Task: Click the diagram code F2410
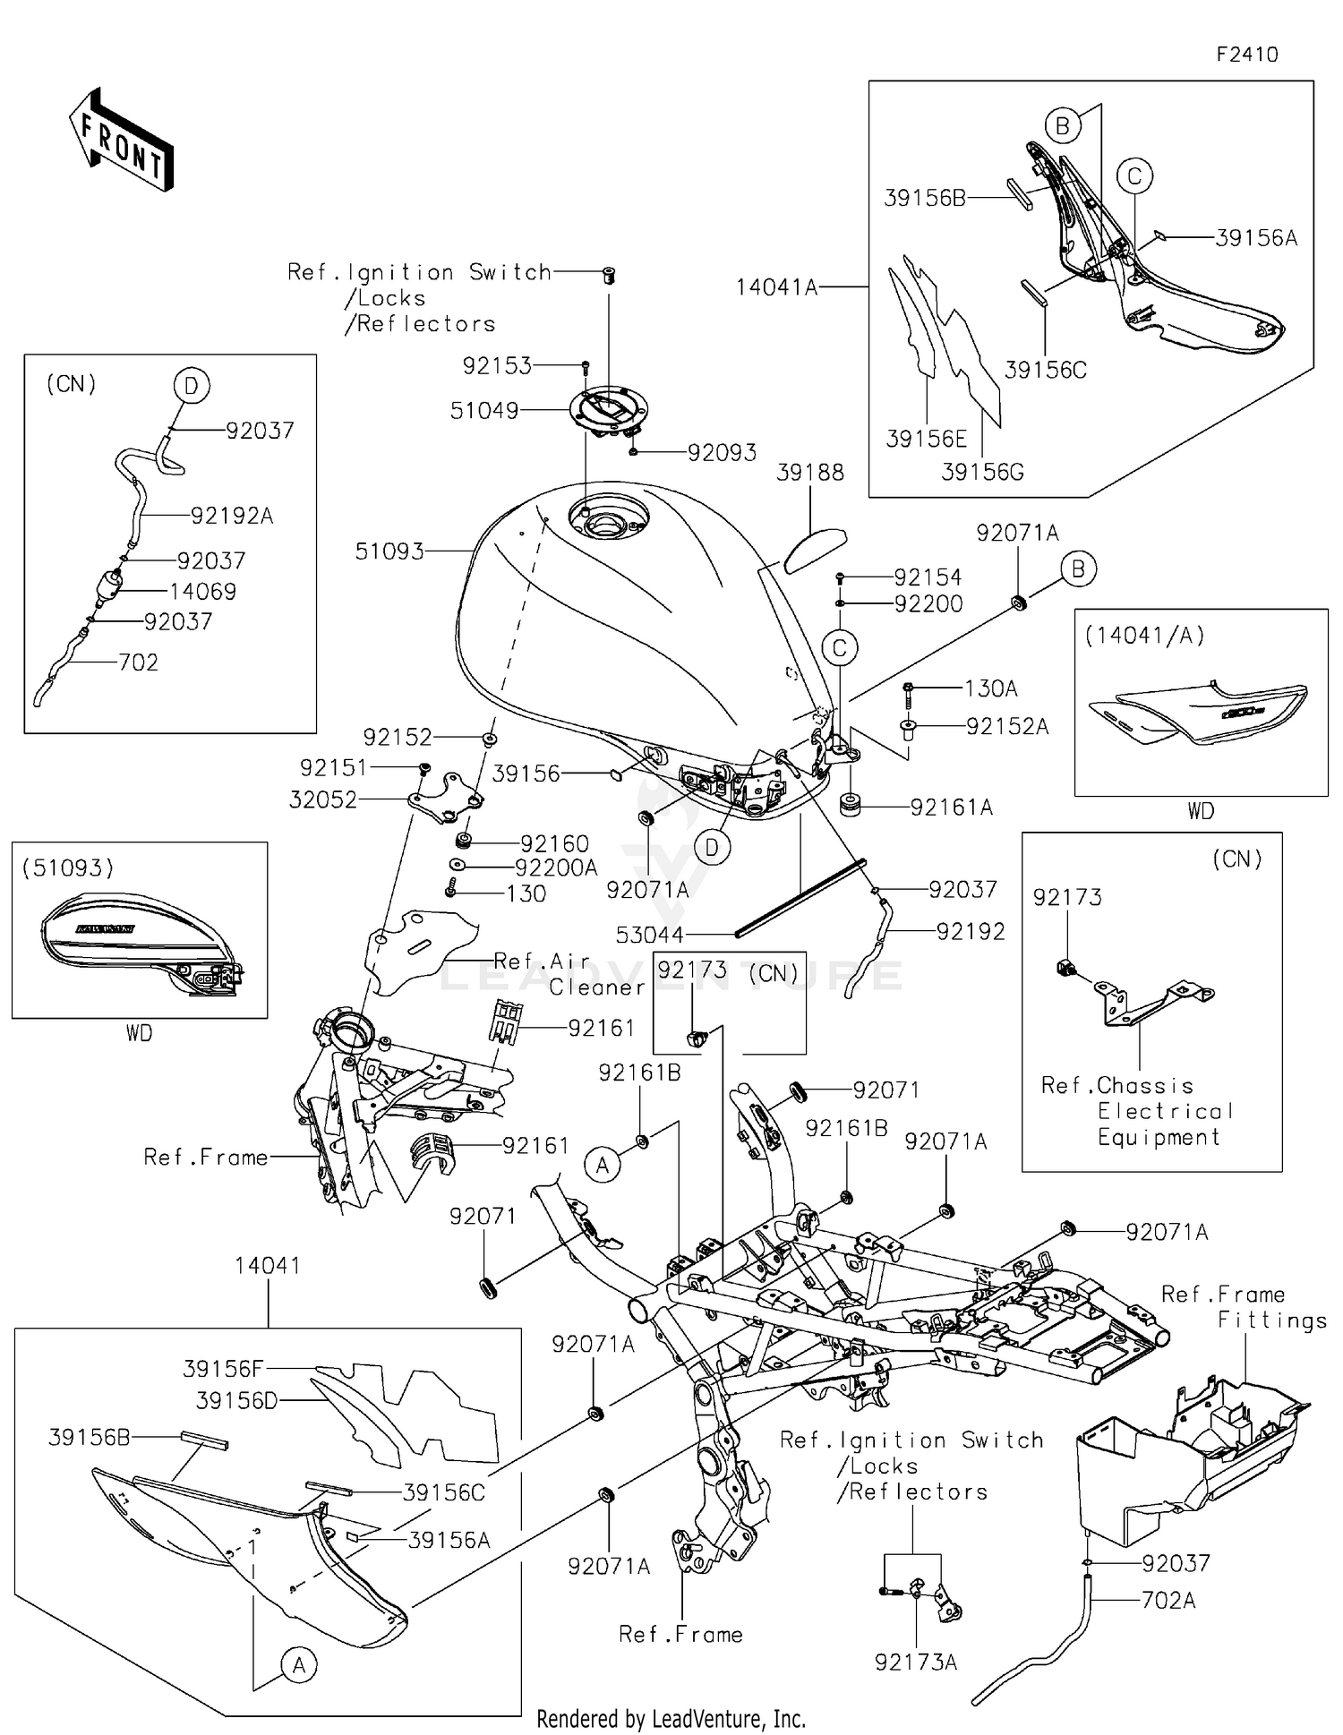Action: [1246, 55]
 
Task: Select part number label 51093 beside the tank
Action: [389, 551]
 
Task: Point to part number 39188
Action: [809, 473]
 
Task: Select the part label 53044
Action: [649, 935]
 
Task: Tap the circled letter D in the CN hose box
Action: [191, 387]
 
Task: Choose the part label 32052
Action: [322, 799]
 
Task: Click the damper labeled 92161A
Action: [850, 804]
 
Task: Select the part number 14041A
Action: [776, 287]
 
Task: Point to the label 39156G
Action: [981, 472]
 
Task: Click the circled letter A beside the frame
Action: [602, 1165]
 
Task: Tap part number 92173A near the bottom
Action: [915, 1662]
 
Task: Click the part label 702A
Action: [1168, 1600]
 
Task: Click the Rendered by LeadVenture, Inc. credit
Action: [671, 1718]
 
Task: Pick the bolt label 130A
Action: [990, 688]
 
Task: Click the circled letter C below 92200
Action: [839, 648]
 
